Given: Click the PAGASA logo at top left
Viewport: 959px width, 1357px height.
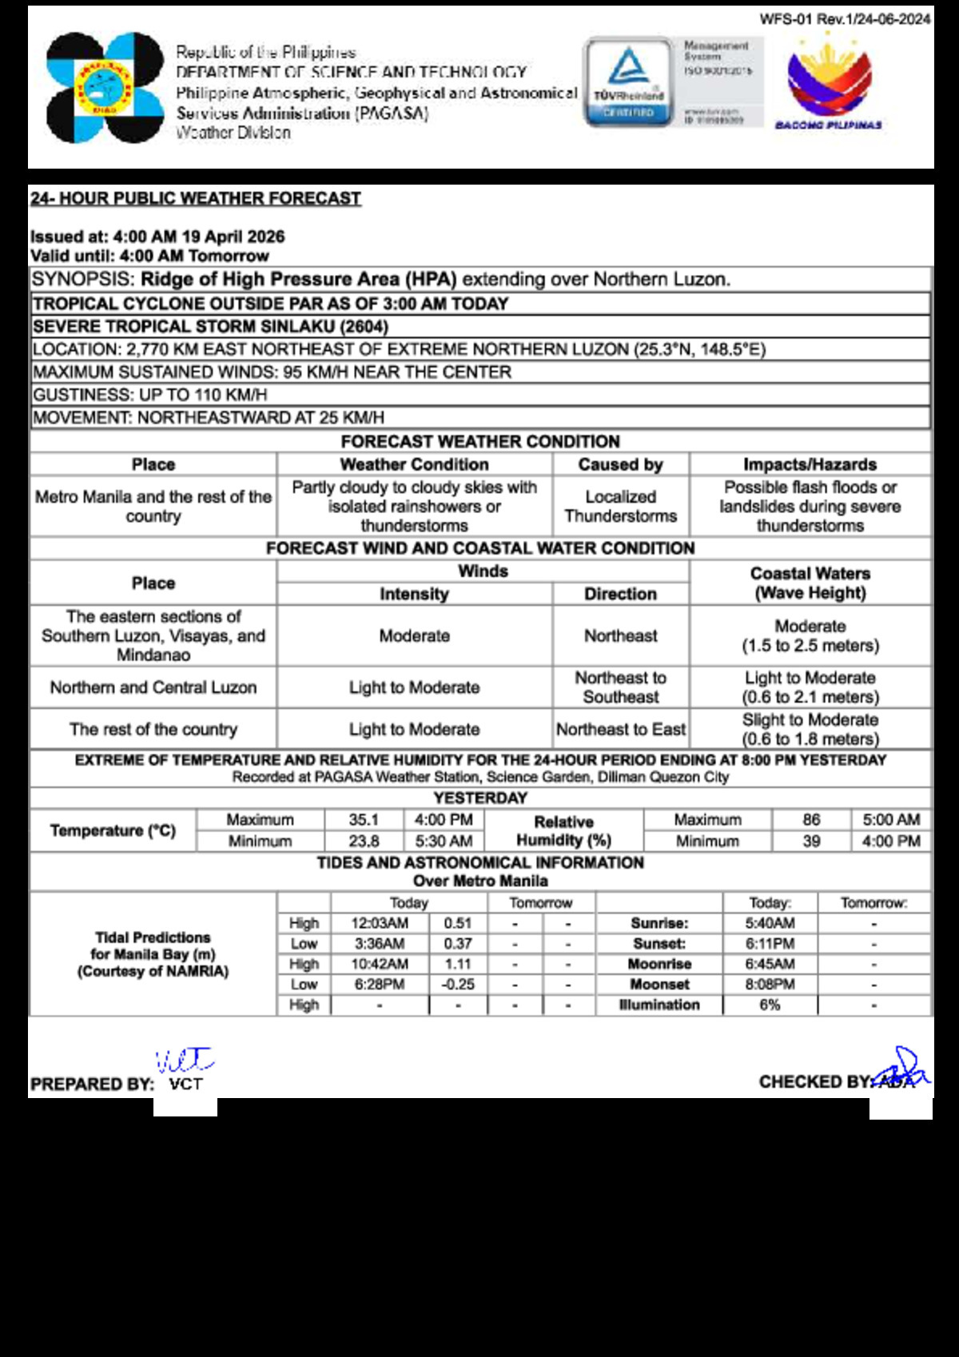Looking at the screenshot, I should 105,88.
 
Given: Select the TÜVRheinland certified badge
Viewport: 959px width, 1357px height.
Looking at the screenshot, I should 629,82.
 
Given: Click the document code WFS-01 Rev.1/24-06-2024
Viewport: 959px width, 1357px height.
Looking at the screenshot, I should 845,19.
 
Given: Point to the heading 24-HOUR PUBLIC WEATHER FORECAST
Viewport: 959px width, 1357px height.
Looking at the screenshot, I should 196,198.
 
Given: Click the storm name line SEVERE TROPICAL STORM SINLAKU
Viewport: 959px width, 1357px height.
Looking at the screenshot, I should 210,327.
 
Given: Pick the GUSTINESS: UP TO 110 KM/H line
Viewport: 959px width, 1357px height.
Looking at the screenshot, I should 150,395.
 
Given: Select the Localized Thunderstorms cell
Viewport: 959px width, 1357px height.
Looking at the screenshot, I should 620,507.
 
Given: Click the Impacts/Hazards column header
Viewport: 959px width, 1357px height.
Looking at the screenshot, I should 810,464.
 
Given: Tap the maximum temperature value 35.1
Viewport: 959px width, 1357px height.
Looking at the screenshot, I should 364,820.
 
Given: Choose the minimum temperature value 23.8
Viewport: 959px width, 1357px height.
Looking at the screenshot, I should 364,841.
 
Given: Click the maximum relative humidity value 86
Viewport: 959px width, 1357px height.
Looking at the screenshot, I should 811,820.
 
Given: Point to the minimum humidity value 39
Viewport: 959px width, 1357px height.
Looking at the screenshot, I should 811,841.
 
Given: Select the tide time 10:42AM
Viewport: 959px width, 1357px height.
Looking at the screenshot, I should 380,964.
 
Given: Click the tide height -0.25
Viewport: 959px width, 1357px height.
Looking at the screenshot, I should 458,985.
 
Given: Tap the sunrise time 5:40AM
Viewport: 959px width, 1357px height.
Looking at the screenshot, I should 770,923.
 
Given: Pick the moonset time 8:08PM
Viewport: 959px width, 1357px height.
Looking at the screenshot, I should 770,985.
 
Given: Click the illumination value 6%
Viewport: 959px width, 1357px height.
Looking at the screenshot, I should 770,1005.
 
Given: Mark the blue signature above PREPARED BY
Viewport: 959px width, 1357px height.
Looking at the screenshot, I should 185,1061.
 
